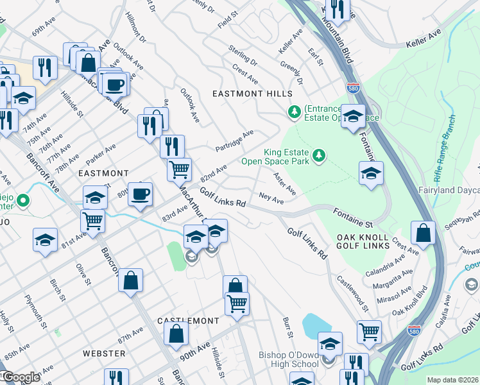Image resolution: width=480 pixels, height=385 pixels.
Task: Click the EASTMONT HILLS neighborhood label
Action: [x=252, y=94]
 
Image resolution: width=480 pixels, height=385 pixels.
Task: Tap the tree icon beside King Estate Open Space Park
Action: [x=318, y=155]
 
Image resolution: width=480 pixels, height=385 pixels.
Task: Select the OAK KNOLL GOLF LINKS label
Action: [x=363, y=241]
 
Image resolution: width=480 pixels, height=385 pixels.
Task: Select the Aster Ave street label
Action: [x=284, y=184]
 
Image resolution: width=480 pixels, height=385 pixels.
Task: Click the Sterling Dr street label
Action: [x=243, y=56]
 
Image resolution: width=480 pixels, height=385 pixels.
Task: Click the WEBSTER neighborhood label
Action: [x=103, y=354]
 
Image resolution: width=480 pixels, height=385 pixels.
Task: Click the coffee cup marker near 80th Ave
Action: [x=140, y=194]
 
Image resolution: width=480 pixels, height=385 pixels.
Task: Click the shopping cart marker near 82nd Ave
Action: [x=179, y=169]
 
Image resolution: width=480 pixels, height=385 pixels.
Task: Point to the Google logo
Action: [x=21, y=377]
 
